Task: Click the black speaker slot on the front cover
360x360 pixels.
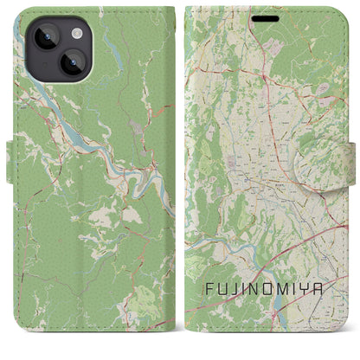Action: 266,17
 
